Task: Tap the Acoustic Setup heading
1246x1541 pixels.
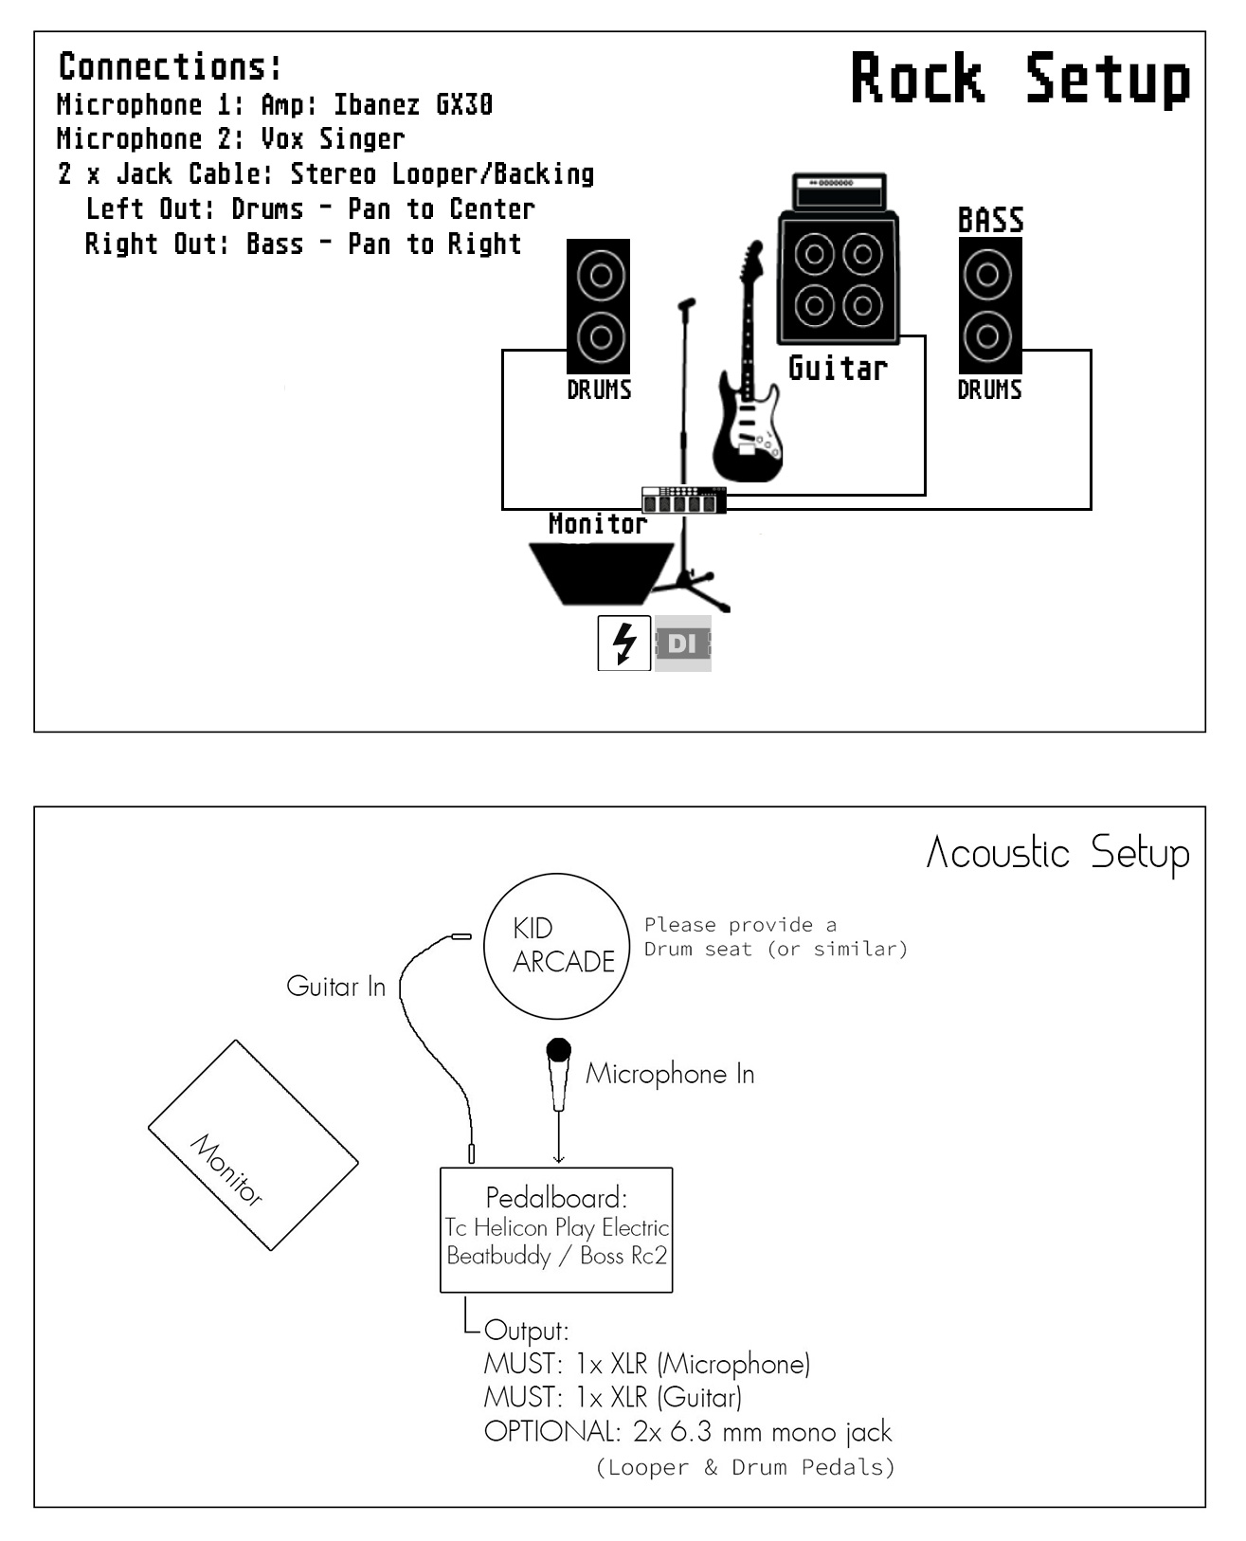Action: (1056, 853)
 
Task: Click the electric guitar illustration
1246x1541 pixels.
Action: (749, 379)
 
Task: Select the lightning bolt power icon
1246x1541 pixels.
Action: (623, 644)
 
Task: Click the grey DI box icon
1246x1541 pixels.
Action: (682, 644)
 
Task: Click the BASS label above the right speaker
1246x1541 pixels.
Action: (990, 221)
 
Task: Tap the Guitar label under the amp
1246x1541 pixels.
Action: (838, 368)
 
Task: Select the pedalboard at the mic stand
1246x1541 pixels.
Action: (683, 500)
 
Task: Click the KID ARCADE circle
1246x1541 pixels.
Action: (556, 945)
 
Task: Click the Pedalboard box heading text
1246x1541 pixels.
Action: (556, 1197)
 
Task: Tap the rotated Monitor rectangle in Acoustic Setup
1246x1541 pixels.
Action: (253, 1145)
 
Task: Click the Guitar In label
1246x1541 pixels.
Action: (335, 987)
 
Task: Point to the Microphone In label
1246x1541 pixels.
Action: (670, 1074)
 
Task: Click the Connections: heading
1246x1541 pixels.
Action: (171, 66)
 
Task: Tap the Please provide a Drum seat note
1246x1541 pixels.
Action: (775, 936)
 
